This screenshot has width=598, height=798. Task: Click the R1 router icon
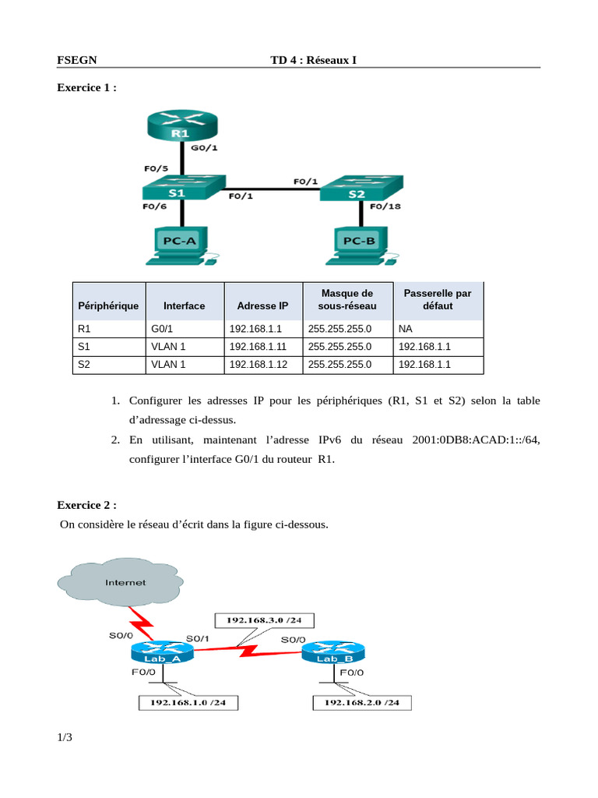pyautogui.click(x=182, y=125)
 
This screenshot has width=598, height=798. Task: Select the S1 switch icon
pyautogui.click(x=184, y=187)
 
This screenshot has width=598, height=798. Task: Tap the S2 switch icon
pyautogui.click(x=361, y=189)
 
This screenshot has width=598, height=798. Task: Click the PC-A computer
pyautogui.click(x=181, y=245)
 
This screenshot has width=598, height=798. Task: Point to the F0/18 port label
pyautogui.click(x=385, y=206)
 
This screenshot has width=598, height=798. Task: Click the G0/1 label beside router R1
pyautogui.click(x=204, y=147)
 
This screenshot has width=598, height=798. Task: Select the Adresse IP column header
pyautogui.click(x=262, y=305)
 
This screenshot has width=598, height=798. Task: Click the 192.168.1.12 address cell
pyautogui.click(x=259, y=365)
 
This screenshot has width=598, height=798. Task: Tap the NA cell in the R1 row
pyautogui.click(x=405, y=329)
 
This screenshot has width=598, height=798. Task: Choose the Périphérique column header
pyautogui.click(x=108, y=305)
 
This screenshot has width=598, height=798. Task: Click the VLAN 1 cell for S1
pyautogui.click(x=168, y=347)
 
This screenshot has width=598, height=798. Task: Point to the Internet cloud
pyautogui.click(x=121, y=581)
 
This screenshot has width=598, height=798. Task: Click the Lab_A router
pyautogui.click(x=163, y=653)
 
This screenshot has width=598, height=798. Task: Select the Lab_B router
pyautogui.click(x=333, y=653)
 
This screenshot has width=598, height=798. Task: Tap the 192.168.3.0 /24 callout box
pyautogui.click(x=265, y=620)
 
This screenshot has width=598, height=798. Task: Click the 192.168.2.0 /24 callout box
pyautogui.click(x=362, y=703)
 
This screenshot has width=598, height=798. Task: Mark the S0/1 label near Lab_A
pyautogui.click(x=197, y=638)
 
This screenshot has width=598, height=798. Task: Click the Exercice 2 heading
pyautogui.click(x=87, y=505)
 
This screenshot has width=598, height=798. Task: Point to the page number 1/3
pyautogui.click(x=65, y=737)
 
